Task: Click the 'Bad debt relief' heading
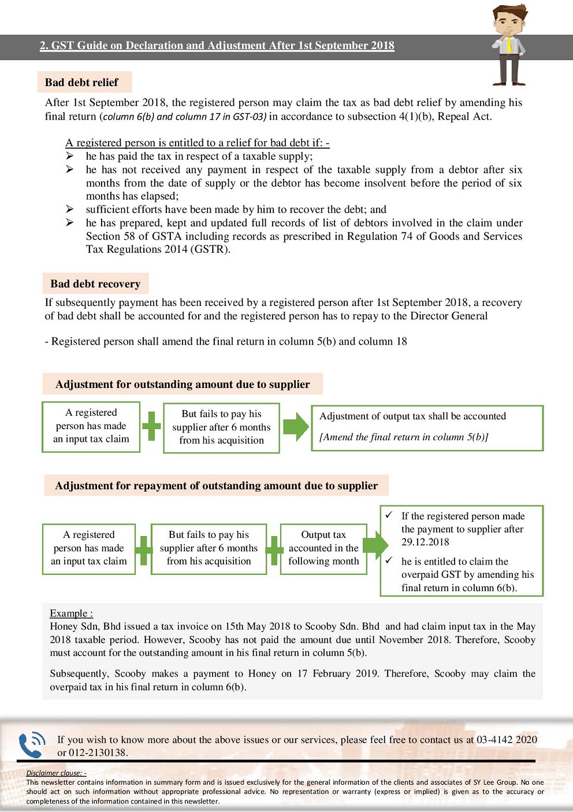pos(81,83)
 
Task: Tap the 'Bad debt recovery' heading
pos(95,284)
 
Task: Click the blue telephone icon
pos(32,744)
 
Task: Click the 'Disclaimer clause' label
pos(56,773)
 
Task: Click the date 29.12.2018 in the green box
pos(425,542)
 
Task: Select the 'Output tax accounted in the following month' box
pos(323,548)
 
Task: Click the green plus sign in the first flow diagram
pos(151,427)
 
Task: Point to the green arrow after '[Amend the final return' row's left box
pos(295,427)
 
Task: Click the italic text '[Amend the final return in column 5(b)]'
pos(404,437)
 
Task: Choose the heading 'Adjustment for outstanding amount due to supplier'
pos(183,385)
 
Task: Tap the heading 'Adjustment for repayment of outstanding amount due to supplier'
pos(216,486)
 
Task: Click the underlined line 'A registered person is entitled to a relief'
pos(197,143)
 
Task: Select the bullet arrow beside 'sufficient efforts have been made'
pos(69,209)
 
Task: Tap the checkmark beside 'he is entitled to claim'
pos(389,560)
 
